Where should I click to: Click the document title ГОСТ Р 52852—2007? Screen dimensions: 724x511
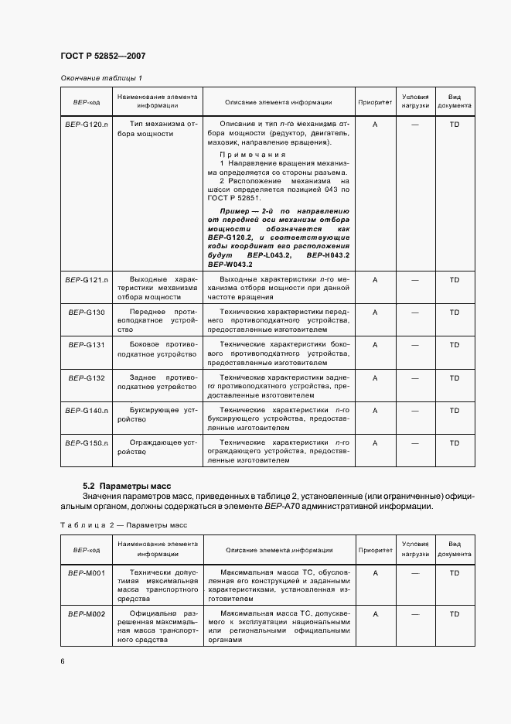pos(103,56)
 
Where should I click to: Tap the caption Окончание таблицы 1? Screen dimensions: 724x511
pos(101,78)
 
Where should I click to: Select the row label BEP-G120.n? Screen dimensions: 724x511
pos(87,124)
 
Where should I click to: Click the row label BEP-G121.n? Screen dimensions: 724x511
pos(87,278)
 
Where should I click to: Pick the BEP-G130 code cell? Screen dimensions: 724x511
pos(87,312)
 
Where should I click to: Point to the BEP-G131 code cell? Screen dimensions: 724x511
pos(87,345)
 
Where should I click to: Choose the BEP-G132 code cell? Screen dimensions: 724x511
pos(87,377)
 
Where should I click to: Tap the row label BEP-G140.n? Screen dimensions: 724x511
pos(87,410)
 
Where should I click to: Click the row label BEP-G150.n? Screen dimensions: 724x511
pos(87,442)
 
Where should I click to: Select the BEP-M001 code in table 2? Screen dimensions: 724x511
pos(87,573)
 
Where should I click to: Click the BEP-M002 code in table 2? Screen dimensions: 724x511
pos(87,613)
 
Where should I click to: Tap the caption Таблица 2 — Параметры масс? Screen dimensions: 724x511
pos(124,525)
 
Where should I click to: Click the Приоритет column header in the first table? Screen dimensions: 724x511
pos(374,102)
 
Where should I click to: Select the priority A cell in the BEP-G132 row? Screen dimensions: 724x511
pos(374,377)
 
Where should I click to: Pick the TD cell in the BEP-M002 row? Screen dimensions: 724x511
pos(454,613)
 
